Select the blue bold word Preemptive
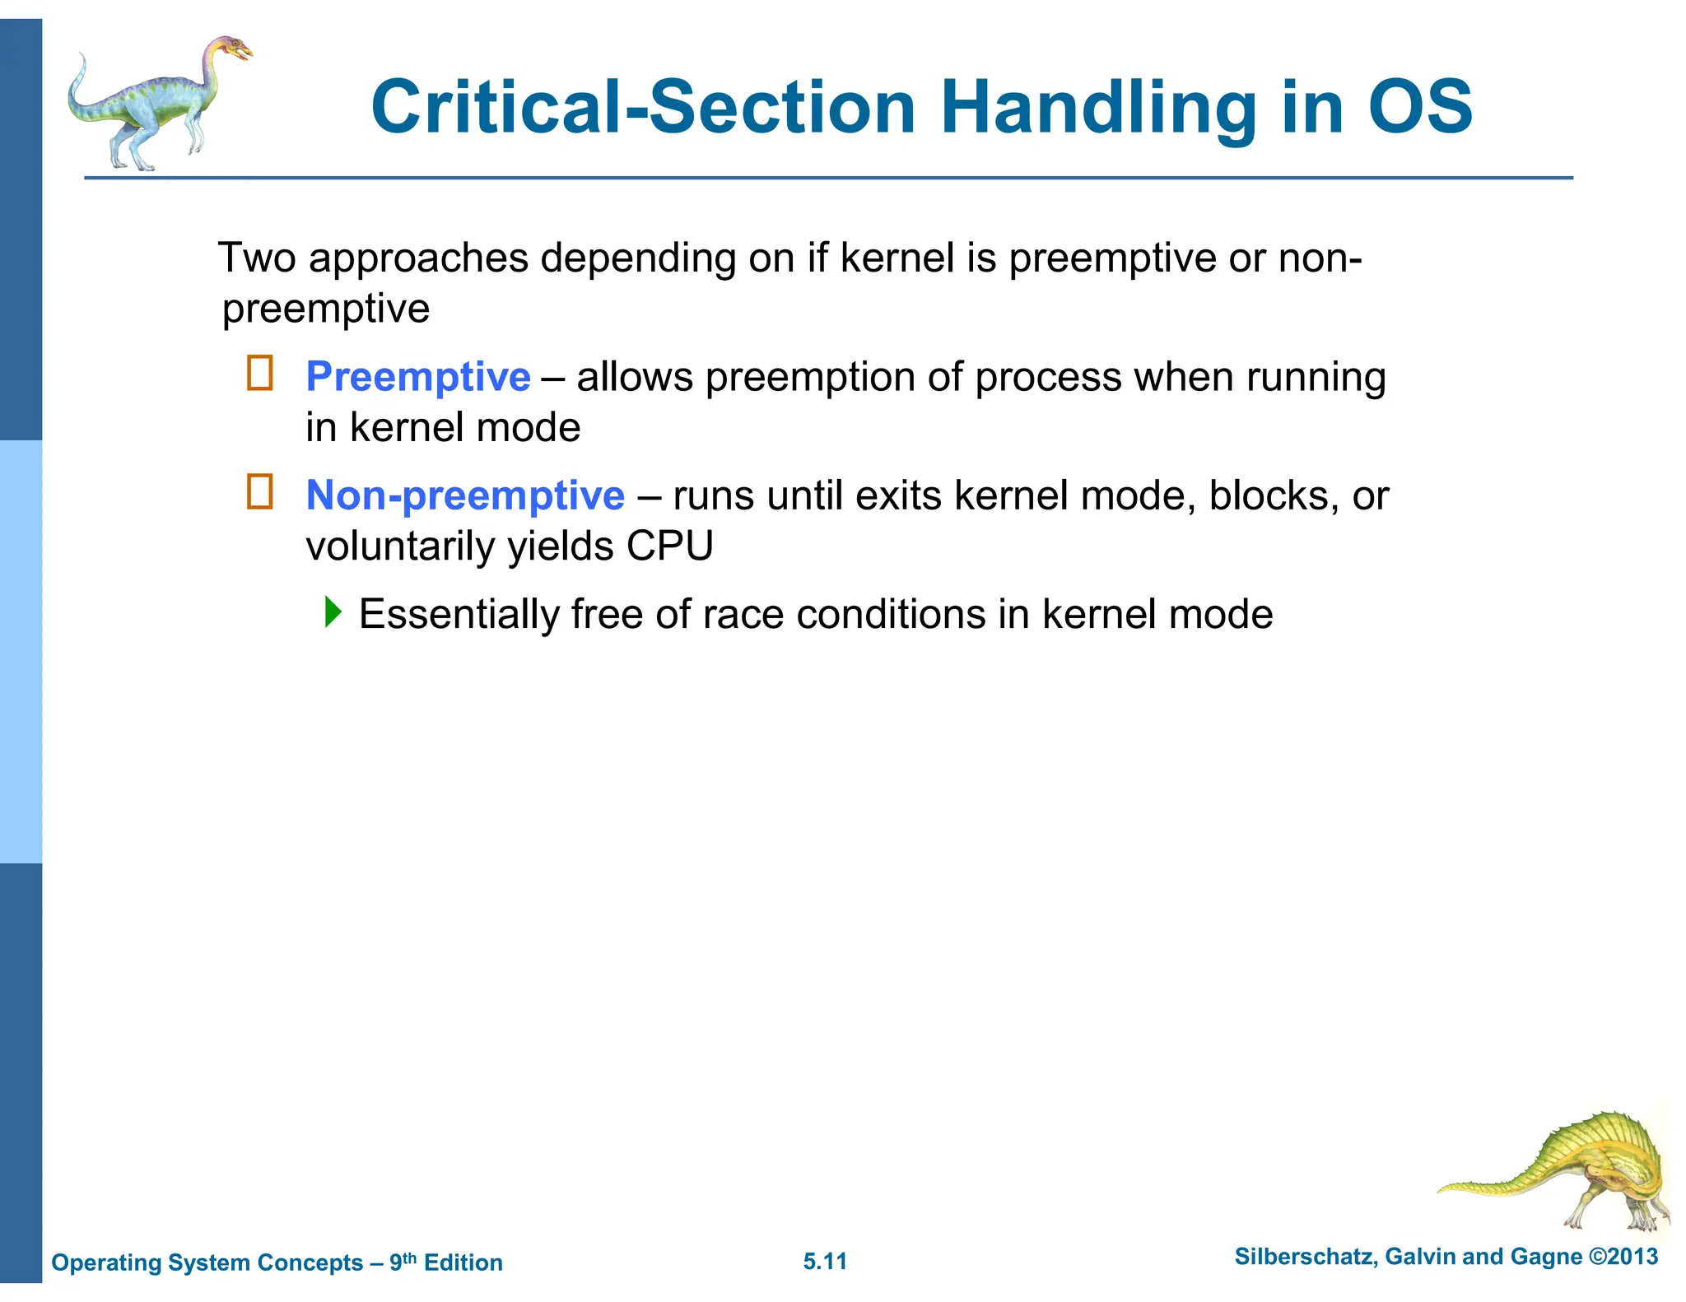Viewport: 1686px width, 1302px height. tap(417, 377)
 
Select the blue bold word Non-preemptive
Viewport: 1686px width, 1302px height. tap(464, 495)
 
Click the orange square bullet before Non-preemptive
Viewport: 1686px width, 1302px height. tap(260, 492)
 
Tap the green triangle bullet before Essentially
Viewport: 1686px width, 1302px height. tap(333, 611)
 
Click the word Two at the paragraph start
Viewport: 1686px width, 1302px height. tap(256, 258)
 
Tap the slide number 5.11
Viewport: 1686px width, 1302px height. tap(825, 1261)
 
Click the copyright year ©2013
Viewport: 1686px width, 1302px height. tap(1623, 1257)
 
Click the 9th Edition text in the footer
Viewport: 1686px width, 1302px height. tap(445, 1262)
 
